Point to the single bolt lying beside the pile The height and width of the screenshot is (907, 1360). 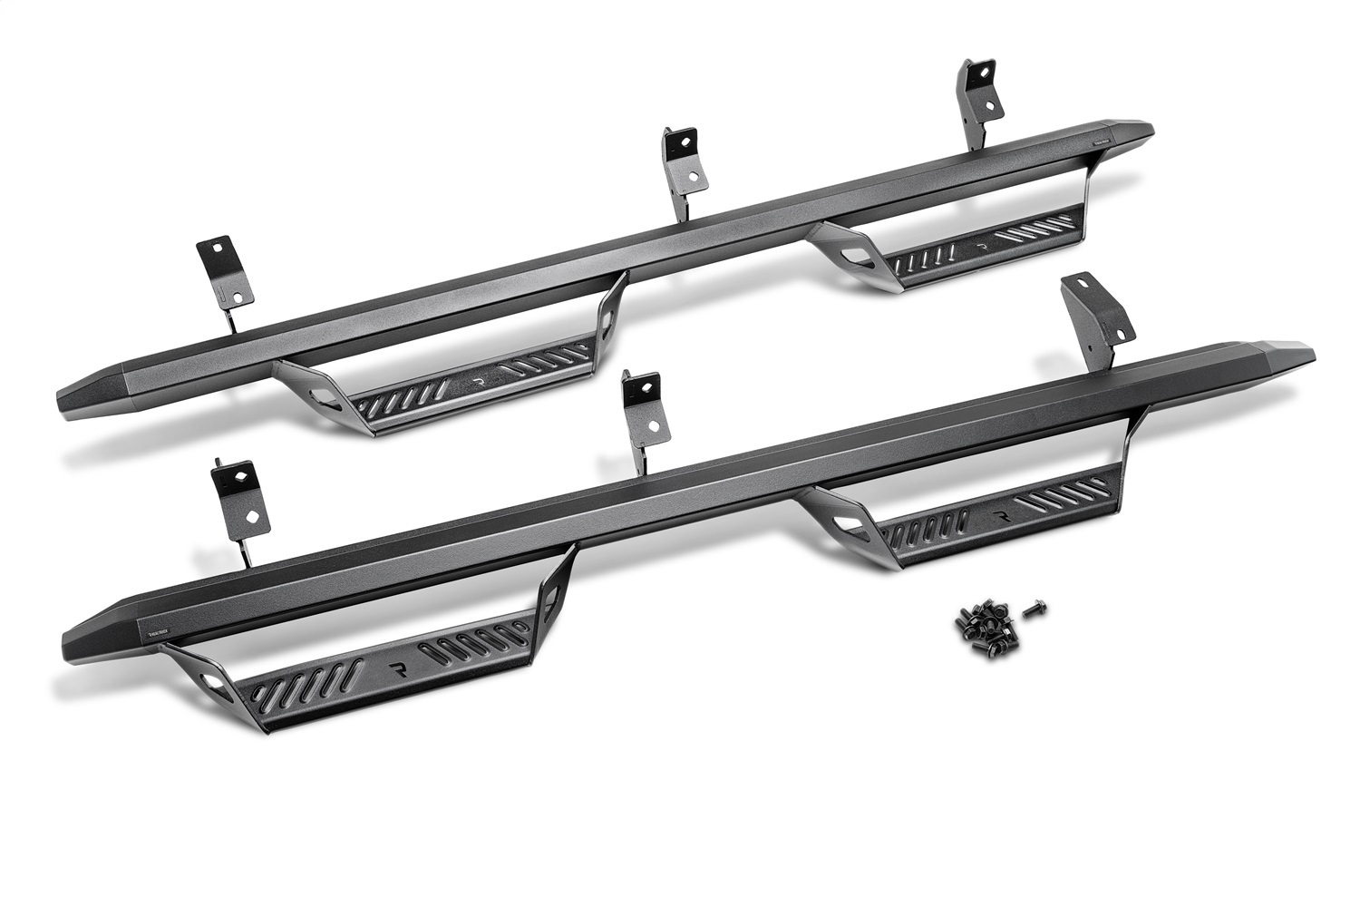(1031, 611)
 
